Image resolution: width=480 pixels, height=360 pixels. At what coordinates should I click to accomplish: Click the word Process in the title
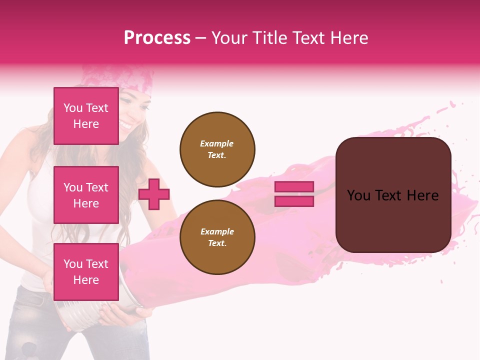(x=157, y=38)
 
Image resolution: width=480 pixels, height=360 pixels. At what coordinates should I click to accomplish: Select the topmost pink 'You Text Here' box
(x=86, y=116)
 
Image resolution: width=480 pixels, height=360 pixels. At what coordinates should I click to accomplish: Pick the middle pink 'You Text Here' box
(x=86, y=195)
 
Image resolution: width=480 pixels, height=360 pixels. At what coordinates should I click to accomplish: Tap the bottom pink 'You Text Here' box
(x=86, y=271)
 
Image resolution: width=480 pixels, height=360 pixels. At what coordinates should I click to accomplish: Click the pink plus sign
(x=154, y=194)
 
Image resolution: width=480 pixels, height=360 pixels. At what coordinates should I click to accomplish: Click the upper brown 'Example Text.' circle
(x=217, y=149)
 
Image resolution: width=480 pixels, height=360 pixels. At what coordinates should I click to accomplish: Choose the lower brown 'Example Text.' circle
(x=217, y=237)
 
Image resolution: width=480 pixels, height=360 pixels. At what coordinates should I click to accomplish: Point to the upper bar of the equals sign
(x=294, y=187)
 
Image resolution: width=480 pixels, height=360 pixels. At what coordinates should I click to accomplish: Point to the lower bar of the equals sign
(x=294, y=201)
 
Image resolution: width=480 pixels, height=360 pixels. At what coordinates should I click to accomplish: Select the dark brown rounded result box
(x=393, y=195)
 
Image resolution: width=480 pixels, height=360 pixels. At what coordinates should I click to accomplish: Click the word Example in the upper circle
(x=216, y=144)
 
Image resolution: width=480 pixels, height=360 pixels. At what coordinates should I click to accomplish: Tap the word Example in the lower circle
(x=217, y=232)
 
